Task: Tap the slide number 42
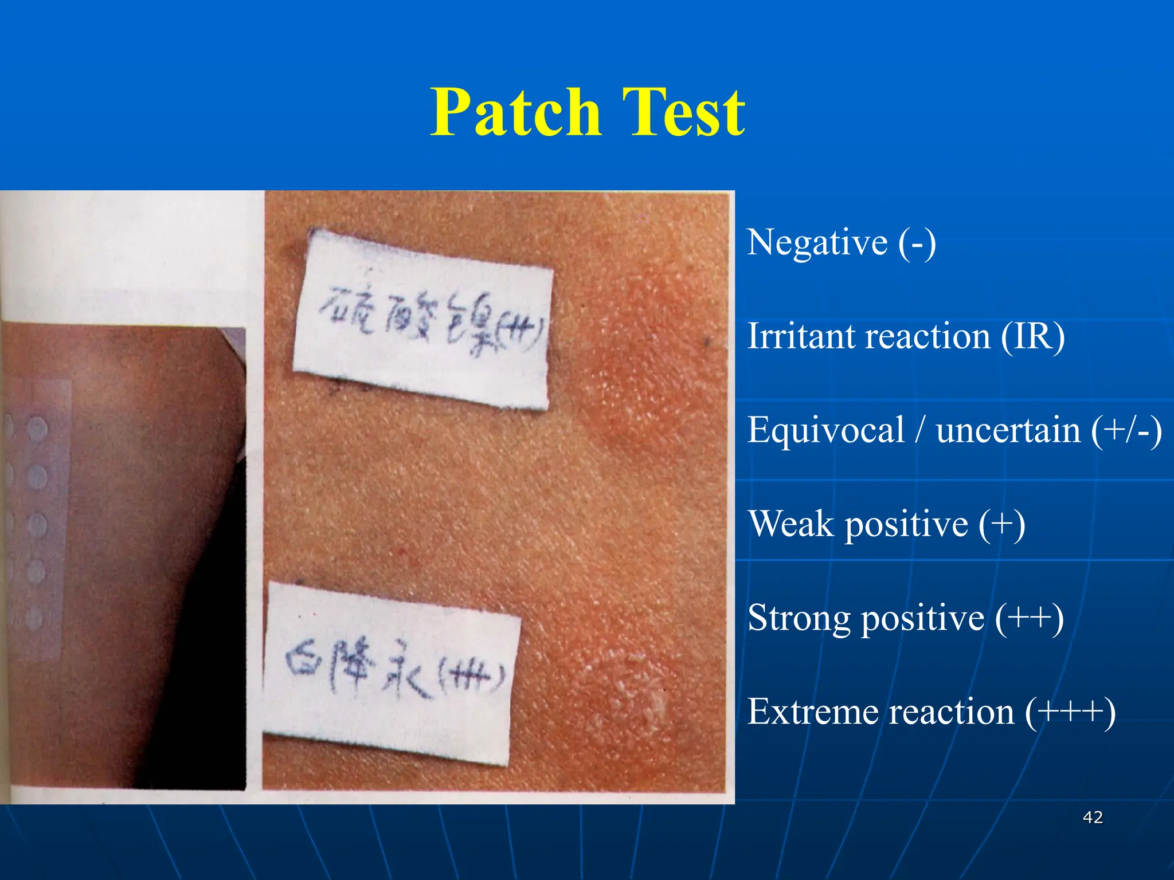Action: coord(1093,817)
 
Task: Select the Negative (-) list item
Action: coord(842,242)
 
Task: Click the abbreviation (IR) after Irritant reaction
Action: coord(1032,336)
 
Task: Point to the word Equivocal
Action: coord(825,431)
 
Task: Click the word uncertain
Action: coord(1008,431)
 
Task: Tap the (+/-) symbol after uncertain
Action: coord(1126,431)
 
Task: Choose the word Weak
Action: coord(791,524)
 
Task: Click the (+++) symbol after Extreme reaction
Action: coord(1070,712)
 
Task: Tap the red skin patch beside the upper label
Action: coord(631,367)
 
